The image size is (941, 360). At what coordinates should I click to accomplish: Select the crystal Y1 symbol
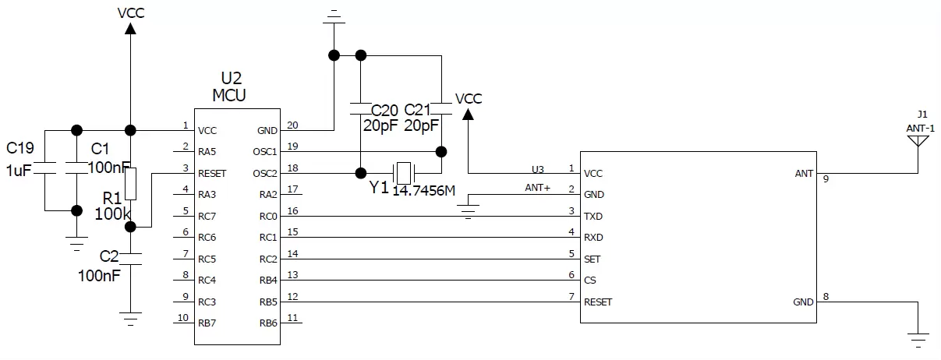(x=402, y=172)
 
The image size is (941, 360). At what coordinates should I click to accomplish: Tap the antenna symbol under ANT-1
(x=918, y=141)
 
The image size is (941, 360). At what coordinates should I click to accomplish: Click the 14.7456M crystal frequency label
(x=423, y=191)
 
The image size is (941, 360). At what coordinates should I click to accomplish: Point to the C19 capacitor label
(x=20, y=147)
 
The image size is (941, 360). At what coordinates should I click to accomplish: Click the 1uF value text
(x=17, y=170)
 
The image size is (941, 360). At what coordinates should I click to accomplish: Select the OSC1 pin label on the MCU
(x=267, y=151)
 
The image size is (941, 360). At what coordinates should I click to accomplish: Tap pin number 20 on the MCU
(x=292, y=125)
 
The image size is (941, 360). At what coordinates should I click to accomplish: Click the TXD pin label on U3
(x=593, y=216)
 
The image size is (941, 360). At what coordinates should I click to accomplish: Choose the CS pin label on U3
(x=590, y=280)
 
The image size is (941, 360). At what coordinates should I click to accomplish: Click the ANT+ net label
(x=537, y=188)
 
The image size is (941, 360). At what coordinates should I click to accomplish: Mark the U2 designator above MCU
(x=232, y=79)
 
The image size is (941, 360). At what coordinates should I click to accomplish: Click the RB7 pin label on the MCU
(x=207, y=323)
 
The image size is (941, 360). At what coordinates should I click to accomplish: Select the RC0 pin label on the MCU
(x=268, y=216)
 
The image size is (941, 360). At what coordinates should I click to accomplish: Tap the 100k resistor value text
(x=111, y=213)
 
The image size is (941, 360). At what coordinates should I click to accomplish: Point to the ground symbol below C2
(x=131, y=318)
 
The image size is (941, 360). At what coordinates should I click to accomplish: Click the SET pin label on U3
(x=592, y=259)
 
